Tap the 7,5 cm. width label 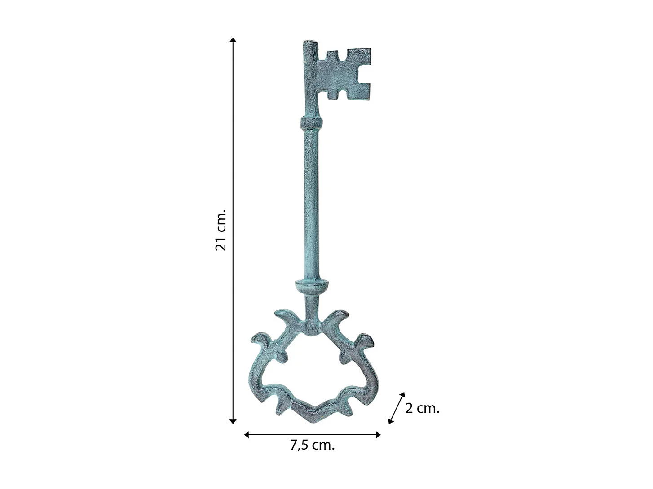(313, 445)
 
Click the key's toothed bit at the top (344, 74)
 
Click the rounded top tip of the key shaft (309, 44)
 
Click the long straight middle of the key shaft (312, 202)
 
